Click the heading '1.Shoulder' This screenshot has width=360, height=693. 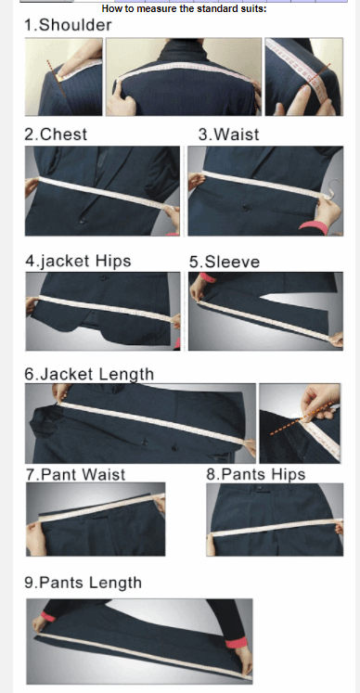click(68, 25)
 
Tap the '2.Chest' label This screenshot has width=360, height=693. click(56, 135)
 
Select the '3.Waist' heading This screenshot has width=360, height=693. click(228, 135)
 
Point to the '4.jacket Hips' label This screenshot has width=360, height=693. click(78, 261)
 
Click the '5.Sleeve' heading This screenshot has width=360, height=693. click(225, 262)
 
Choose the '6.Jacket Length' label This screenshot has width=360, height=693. click(89, 375)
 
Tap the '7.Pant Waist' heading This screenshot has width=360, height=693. click(76, 475)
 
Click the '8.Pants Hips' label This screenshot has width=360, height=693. click(256, 474)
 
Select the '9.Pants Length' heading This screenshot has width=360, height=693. click(84, 583)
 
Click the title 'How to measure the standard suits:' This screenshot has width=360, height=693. click(184, 8)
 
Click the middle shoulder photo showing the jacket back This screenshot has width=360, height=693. click(184, 77)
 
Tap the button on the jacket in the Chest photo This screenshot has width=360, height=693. click(82, 220)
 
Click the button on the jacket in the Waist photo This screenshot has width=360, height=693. click(245, 207)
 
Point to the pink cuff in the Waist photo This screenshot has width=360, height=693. click(314, 227)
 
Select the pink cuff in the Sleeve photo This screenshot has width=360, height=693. click(208, 277)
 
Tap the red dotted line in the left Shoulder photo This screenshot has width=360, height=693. click(57, 80)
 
